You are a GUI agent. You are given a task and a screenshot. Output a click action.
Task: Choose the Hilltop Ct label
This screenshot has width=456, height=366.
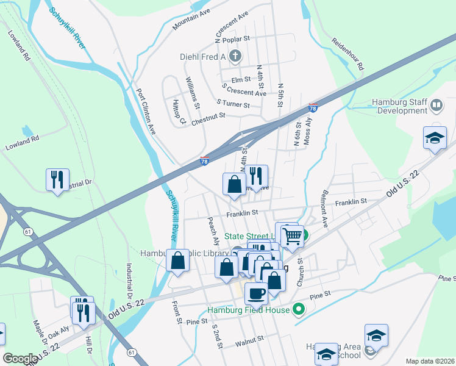point(179,112)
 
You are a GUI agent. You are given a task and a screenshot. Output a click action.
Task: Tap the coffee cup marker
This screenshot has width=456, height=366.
point(256,293)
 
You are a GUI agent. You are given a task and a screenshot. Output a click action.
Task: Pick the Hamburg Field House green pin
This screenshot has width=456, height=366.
point(298,309)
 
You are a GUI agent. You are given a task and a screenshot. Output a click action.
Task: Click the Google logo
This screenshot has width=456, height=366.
point(20,359)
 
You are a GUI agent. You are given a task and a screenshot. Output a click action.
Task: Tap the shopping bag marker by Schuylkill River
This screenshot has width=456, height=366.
point(177,260)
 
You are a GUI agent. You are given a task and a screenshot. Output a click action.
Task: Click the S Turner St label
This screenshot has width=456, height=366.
point(233,105)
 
